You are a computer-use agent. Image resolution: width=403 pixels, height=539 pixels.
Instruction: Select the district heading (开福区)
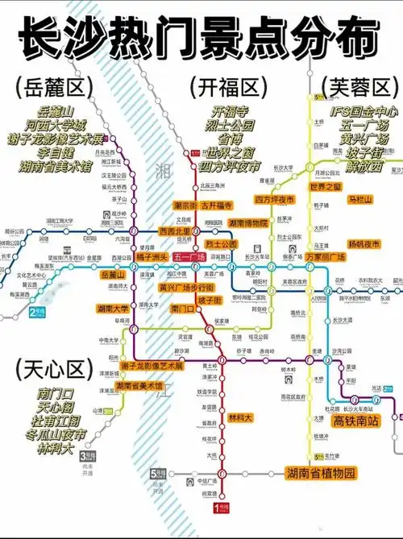point(226,86)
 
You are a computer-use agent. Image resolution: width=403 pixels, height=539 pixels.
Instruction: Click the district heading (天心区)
point(51,370)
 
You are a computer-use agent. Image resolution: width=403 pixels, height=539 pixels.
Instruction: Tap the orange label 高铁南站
point(355,421)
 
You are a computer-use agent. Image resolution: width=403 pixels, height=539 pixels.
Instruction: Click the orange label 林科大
point(240,417)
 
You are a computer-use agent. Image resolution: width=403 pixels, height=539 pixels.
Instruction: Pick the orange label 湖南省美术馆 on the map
point(139,387)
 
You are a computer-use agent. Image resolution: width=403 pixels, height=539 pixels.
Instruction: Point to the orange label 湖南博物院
point(248,223)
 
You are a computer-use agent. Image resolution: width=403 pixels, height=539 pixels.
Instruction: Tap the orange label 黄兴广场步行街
point(185,286)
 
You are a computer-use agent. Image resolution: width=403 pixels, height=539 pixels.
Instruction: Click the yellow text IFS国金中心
point(359,110)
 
